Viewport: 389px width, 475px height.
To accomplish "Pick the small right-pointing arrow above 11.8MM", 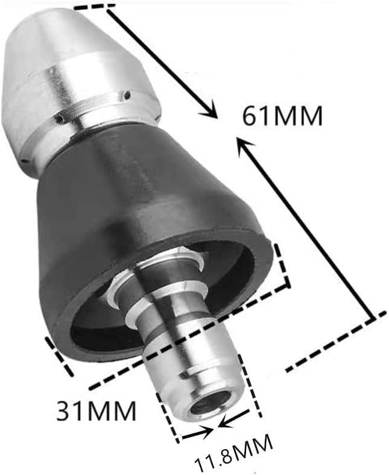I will [x=204, y=432].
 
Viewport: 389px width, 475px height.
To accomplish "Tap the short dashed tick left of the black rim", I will [x=59, y=355].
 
